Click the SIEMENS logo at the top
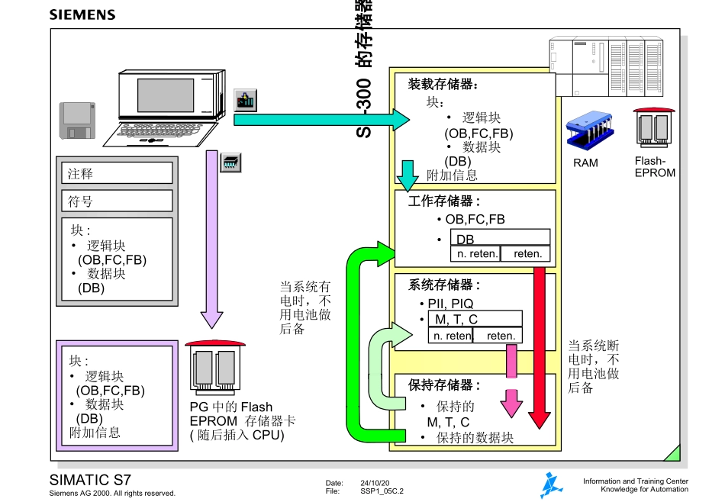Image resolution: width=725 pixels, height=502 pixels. pos(82,14)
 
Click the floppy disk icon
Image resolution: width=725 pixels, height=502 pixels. pos(77,121)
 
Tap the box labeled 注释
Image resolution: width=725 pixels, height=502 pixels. pos(117,173)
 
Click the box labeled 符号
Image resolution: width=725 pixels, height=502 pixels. pos(117,201)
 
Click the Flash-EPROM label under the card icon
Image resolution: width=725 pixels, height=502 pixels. pos(654,167)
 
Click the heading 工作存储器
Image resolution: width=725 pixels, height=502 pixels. pos(445,201)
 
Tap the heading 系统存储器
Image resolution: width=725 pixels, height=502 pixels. pos(445,285)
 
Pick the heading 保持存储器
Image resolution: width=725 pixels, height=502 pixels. pos(445,385)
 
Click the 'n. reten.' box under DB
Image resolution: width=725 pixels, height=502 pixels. pos(477,254)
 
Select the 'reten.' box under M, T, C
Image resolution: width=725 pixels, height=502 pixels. pos(501,336)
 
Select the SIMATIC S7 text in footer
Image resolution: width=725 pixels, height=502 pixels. pos(90,481)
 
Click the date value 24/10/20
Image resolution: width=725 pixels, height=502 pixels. pos(375,483)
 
